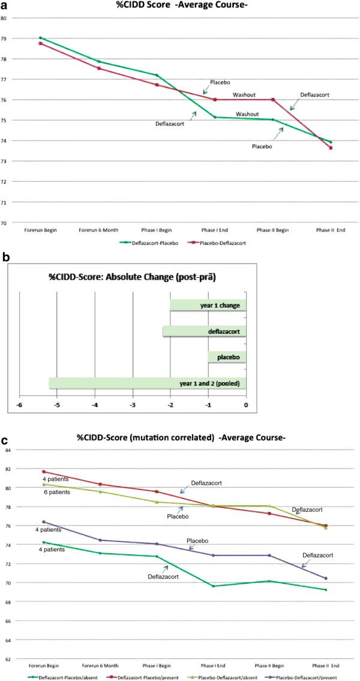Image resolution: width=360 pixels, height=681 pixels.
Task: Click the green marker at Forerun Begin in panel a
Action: coord(40,38)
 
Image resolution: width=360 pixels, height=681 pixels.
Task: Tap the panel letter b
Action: coord(5,257)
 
